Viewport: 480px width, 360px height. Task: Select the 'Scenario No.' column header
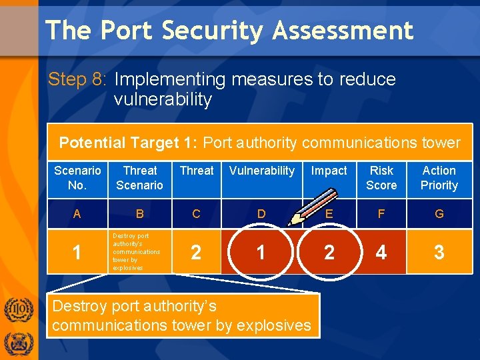[77, 178]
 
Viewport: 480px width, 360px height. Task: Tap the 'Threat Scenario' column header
[139, 178]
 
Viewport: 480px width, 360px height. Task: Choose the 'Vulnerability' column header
[261, 171]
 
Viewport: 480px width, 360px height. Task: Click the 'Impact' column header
[329, 171]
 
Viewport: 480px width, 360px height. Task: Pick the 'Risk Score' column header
[381, 178]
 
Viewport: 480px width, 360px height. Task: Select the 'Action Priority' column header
[439, 178]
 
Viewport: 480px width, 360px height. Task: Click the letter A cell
[77, 214]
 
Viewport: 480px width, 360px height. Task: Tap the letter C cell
[196, 214]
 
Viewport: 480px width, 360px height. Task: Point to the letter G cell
[439, 214]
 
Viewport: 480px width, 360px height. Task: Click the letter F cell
[381, 214]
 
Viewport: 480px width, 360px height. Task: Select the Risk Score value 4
[381, 253]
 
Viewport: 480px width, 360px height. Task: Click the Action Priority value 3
[439, 253]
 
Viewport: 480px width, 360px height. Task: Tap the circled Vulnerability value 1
[261, 253]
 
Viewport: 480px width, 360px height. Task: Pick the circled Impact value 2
[329, 253]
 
